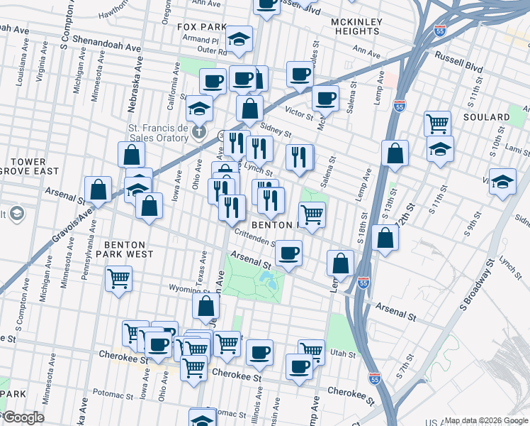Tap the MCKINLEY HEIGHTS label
pos(357,27)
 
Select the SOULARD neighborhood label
pos(487,116)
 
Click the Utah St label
pos(342,352)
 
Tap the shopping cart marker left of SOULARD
pos(437,123)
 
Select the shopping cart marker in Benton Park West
pos(118,278)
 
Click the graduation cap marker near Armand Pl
pos(239,38)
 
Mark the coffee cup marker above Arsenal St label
pos(288,252)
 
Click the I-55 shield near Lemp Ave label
pos(363,283)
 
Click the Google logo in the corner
pos(23,417)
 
